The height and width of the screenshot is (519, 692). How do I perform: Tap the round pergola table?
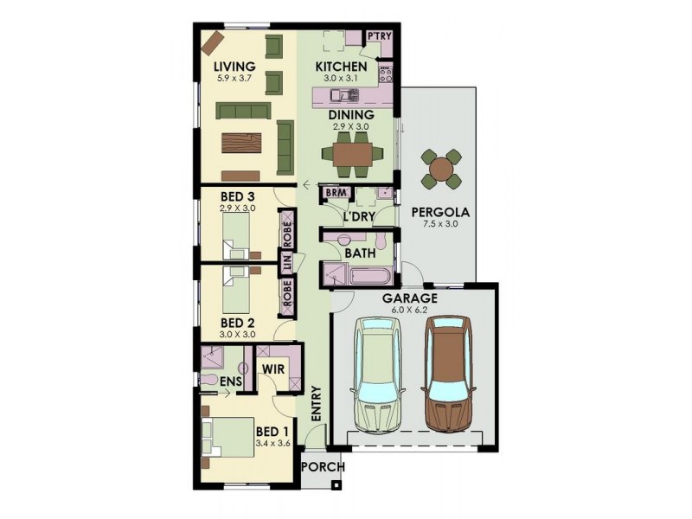(x=442, y=168)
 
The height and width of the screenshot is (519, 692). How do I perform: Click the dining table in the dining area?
(x=351, y=154)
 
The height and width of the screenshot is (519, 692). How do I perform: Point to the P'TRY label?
(x=378, y=36)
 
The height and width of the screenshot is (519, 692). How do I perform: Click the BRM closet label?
(x=336, y=193)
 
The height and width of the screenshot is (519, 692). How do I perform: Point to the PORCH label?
(x=323, y=468)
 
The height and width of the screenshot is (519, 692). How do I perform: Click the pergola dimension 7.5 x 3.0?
(x=440, y=223)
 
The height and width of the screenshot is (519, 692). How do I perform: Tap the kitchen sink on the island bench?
(x=347, y=93)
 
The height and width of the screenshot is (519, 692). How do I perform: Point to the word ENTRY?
(x=316, y=403)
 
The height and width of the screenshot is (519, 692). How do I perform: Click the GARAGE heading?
(x=412, y=299)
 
